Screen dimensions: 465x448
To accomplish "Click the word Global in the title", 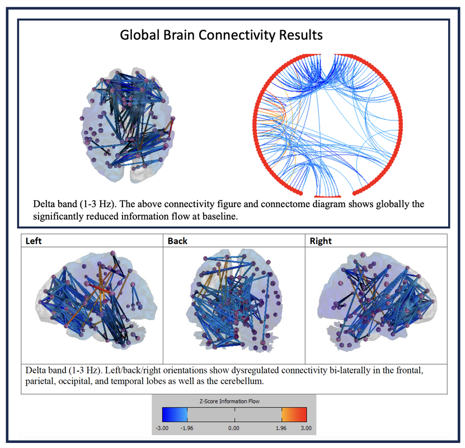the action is pyautogui.click(x=140, y=35).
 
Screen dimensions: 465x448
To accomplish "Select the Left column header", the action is pyautogui.click(x=34, y=241).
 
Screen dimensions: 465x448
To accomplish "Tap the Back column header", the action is pyautogui.click(x=177, y=241).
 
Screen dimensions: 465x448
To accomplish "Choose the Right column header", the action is pyautogui.click(x=321, y=241).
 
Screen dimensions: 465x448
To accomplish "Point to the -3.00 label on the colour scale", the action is pyautogui.click(x=162, y=428).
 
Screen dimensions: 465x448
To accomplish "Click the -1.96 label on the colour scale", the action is pyautogui.click(x=187, y=428).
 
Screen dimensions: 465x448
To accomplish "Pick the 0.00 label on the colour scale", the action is pyautogui.click(x=234, y=428).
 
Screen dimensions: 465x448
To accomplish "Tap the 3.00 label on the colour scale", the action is pyautogui.click(x=306, y=428).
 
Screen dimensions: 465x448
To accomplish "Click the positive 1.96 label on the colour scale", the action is pyautogui.click(x=281, y=428).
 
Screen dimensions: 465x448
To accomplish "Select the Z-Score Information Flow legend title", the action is pyautogui.click(x=229, y=401).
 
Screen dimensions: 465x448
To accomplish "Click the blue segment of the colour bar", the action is pyautogui.click(x=175, y=414).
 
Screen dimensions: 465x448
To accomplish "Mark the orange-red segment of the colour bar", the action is pyautogui.click(x=294, y=414).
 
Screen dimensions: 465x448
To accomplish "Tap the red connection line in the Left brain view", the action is pyautogui.click(x=101, y=290).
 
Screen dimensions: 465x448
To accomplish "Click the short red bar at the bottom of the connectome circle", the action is pyautogui.click(x=327, y=197).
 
